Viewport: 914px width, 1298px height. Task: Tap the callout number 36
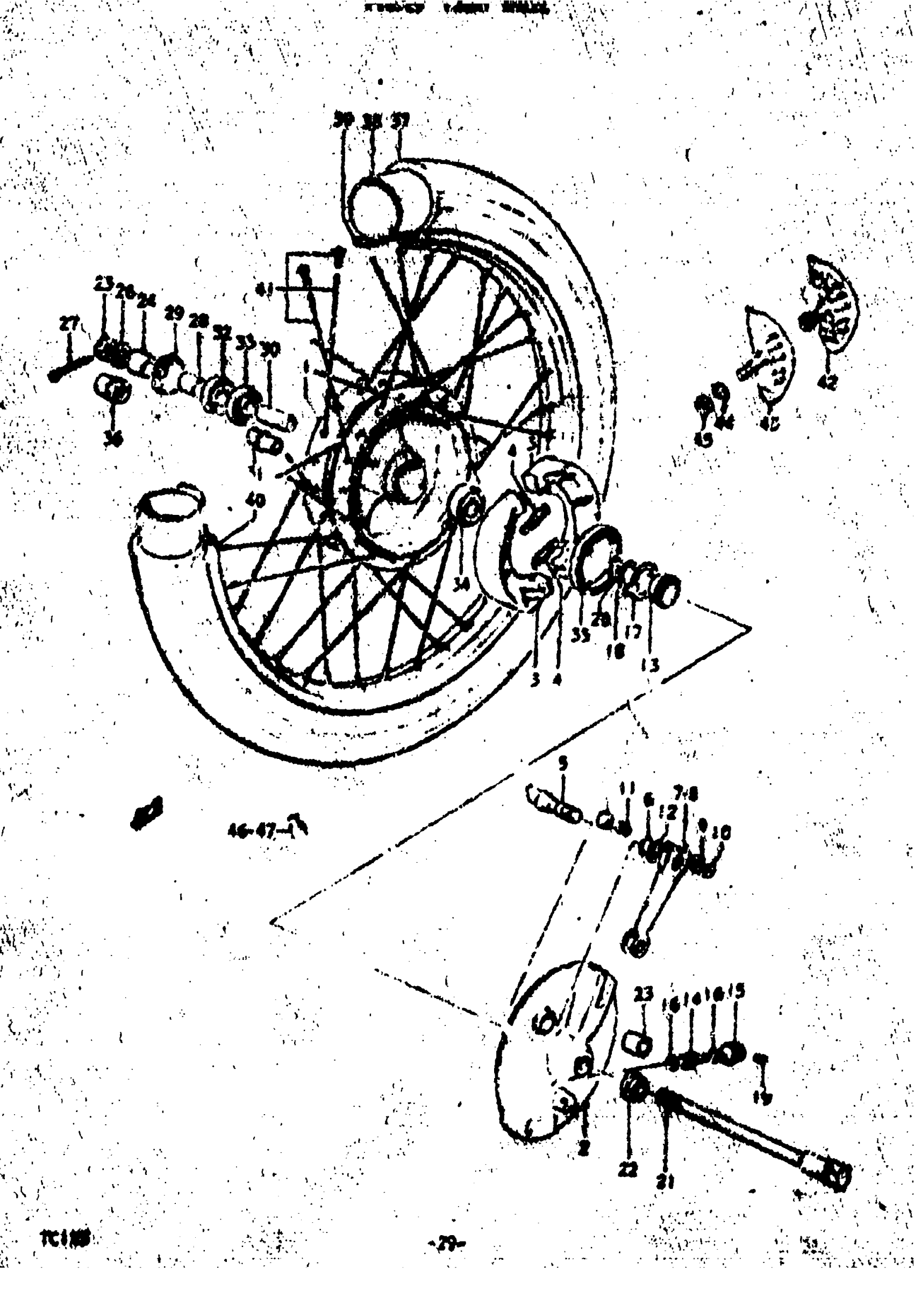[x=113, y=441]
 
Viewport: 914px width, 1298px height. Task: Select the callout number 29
[x=174, y=314]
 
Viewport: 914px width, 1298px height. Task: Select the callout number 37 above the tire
[x=402, y=120]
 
